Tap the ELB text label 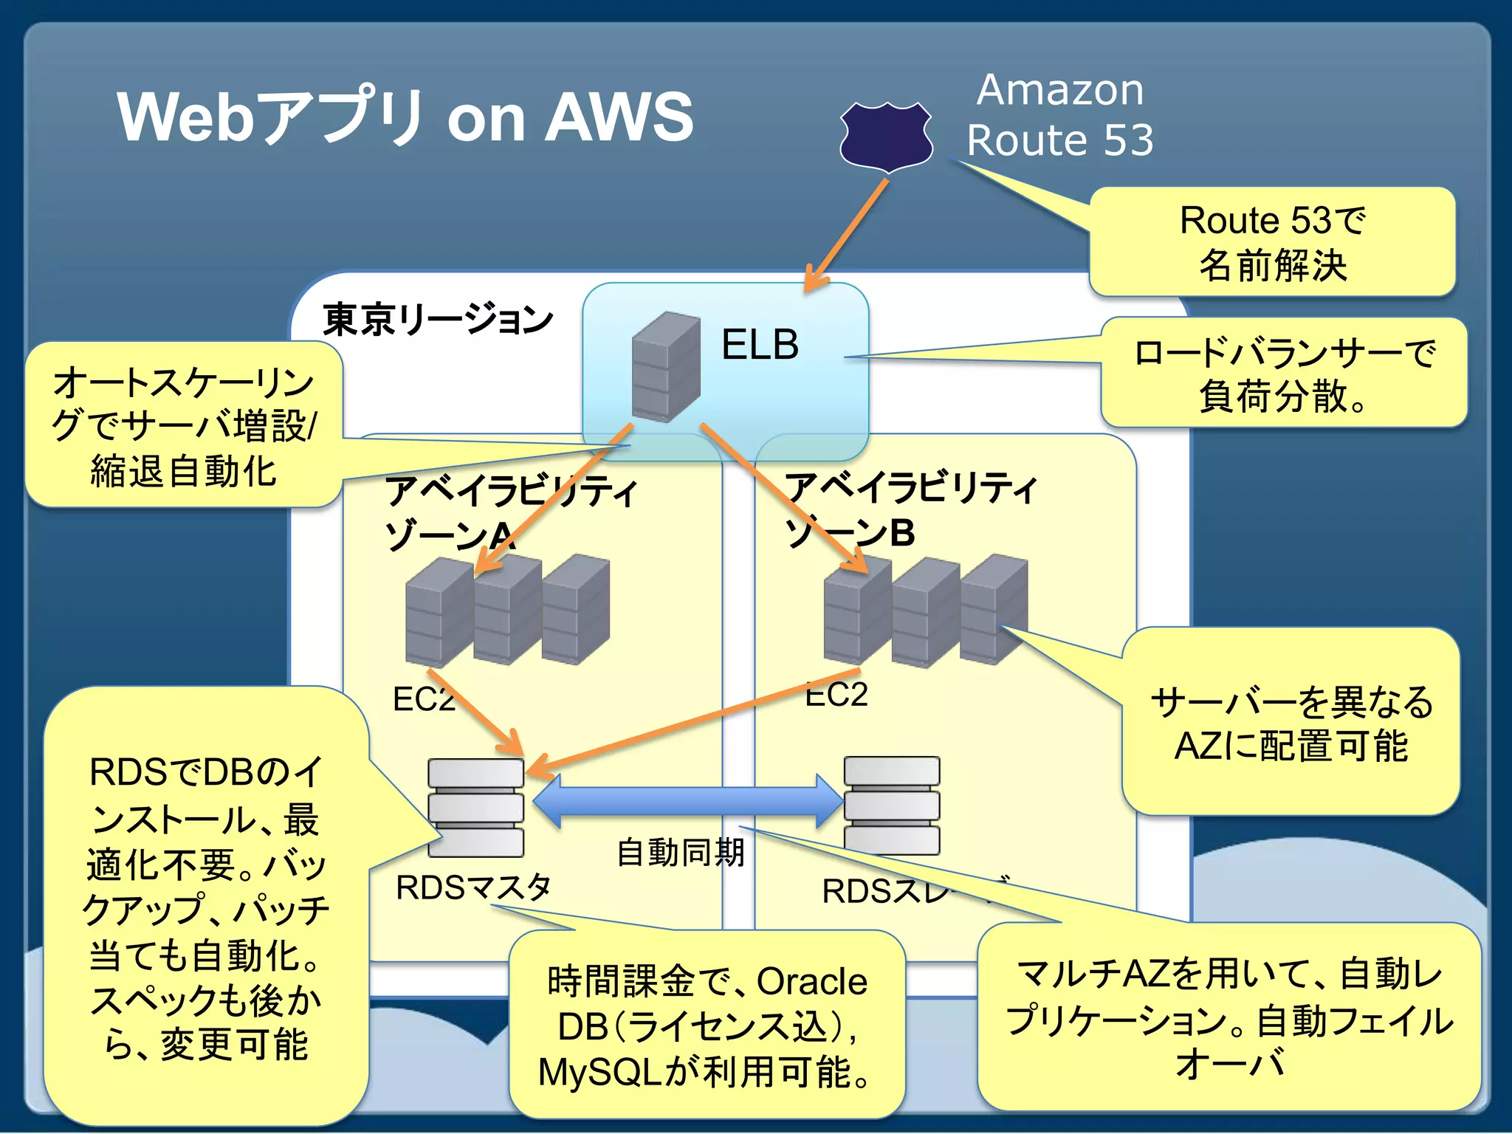760,345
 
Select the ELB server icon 665,367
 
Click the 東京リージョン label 438,320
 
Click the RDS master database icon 475,807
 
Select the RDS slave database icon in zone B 891,805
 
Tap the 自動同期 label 680,853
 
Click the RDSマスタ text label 473,887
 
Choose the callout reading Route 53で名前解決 1272,242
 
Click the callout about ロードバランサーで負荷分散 1283,374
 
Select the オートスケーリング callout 184,425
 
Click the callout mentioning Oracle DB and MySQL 707,1025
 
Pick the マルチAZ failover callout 1229,1017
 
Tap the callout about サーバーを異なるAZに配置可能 1291,724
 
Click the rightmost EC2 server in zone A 575,609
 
